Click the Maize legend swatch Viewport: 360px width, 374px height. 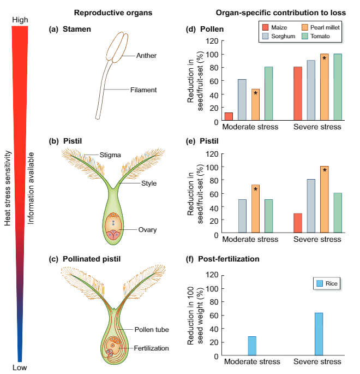pos(266,27)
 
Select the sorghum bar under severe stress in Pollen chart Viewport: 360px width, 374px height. pos(311,90)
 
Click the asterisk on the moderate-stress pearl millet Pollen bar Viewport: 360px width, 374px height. pos(255,93)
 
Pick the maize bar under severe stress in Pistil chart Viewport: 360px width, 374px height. pos(297,224)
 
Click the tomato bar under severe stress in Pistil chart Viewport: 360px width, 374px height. pos(338,213)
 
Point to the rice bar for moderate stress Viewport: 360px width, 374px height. pos(252,346)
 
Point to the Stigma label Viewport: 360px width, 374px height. pos(110,155)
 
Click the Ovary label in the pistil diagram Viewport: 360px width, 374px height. pos(147,230)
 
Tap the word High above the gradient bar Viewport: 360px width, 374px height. pos(20,20)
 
